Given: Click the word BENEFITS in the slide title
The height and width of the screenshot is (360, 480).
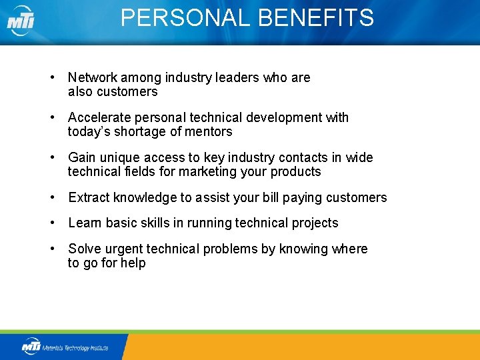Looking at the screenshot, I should pyautogui.click(x=315, y=18).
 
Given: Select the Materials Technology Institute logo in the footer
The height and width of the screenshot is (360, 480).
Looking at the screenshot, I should pyautogui.click(x=65, y=347).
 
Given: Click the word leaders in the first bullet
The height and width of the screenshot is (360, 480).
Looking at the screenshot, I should pyautogui.click(x=237, y=78).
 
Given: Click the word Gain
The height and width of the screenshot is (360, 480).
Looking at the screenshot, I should pyautogui.click(x=82, y=158).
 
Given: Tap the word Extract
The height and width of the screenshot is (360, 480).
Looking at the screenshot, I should pyautogui.click(x=89, y=198).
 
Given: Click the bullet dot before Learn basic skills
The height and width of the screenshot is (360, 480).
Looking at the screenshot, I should pyautogui.click(x=52, y=223).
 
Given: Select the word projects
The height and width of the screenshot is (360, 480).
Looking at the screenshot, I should pyautogui.click(x=315, y=223).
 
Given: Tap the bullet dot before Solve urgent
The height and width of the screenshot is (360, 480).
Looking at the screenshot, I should pyautogui.click(x=52, y=249).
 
